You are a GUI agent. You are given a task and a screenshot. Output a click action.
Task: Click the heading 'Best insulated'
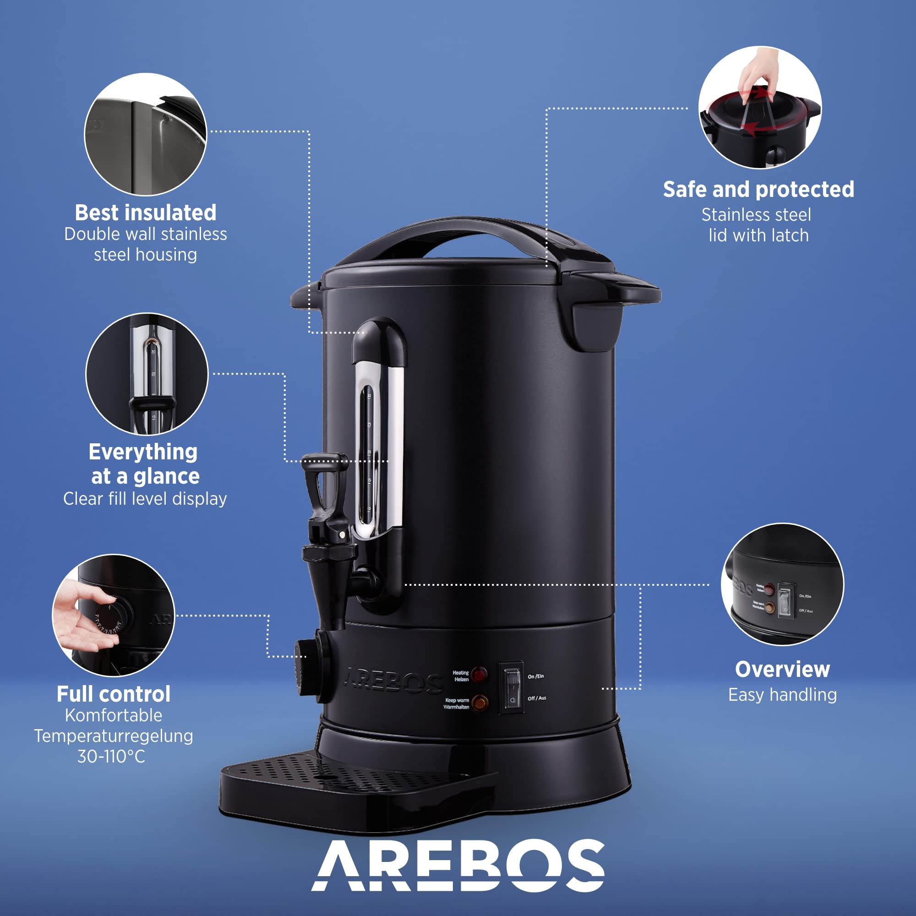(146, 213)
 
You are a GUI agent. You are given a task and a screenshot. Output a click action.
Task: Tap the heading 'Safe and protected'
(758, 190)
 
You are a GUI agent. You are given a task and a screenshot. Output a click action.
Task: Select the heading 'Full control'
(113, 694)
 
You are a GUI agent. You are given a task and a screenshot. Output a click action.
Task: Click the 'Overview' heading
(782, 670)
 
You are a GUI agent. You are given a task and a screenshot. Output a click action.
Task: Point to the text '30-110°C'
(111, 756)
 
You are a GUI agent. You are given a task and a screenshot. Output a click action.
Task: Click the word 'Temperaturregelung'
(113, 736)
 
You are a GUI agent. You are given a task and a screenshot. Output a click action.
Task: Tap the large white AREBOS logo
(458, 865)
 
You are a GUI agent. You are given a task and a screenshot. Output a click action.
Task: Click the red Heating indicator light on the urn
(480, 675)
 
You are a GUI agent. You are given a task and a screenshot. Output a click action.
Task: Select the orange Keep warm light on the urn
(480, 703)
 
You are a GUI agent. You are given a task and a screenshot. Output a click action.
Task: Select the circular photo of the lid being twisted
(759, 107)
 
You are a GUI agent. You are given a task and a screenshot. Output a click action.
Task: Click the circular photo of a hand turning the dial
(113, 615)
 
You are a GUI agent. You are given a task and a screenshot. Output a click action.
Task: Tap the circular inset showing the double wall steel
(146, 134)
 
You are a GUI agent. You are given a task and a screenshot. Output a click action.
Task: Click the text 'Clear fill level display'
(145, 499)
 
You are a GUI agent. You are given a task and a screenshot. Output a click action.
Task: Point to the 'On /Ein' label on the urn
(536, 676)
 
